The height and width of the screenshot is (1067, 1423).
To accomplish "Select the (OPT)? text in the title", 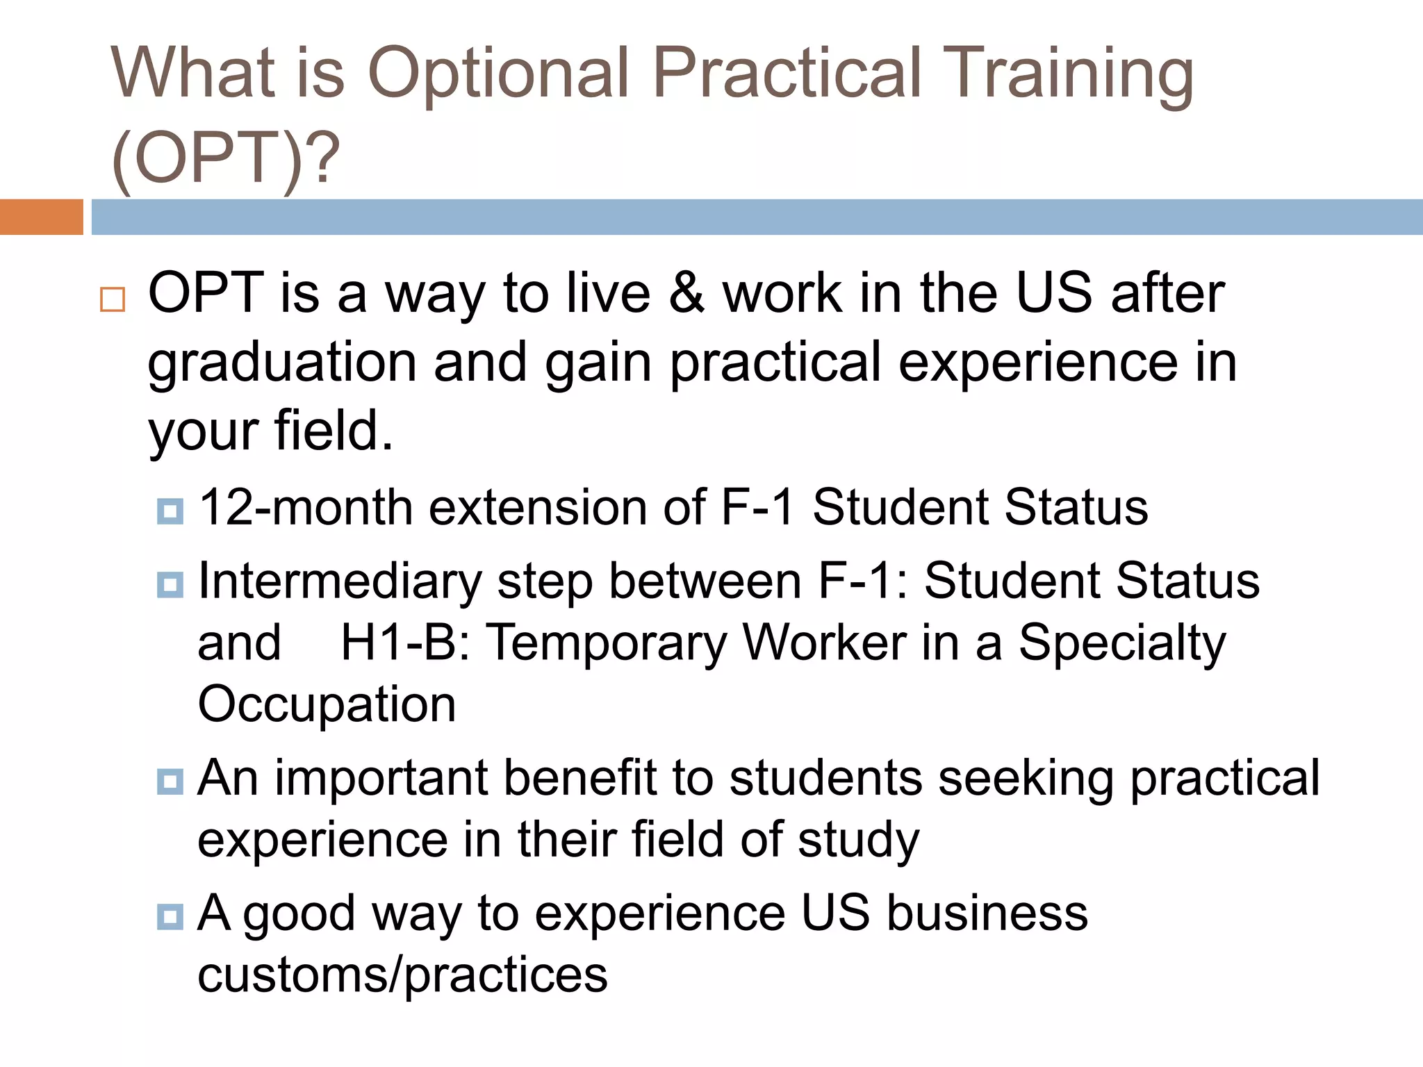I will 225,158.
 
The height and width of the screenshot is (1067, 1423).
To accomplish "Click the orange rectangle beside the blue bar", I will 41,217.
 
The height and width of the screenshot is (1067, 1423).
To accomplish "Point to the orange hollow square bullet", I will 113,299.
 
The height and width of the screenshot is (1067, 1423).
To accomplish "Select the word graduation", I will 282,363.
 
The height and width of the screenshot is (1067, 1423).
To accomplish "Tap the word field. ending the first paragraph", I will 334,431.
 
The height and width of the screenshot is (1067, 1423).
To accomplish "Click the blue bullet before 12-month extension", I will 170,512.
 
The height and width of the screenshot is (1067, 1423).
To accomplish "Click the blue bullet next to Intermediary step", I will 170,585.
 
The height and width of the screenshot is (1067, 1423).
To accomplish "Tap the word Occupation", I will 327,704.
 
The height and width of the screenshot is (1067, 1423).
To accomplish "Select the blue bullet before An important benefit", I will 170,782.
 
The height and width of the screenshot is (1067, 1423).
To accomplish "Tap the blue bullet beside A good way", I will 170,917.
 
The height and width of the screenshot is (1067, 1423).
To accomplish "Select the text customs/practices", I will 402,975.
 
